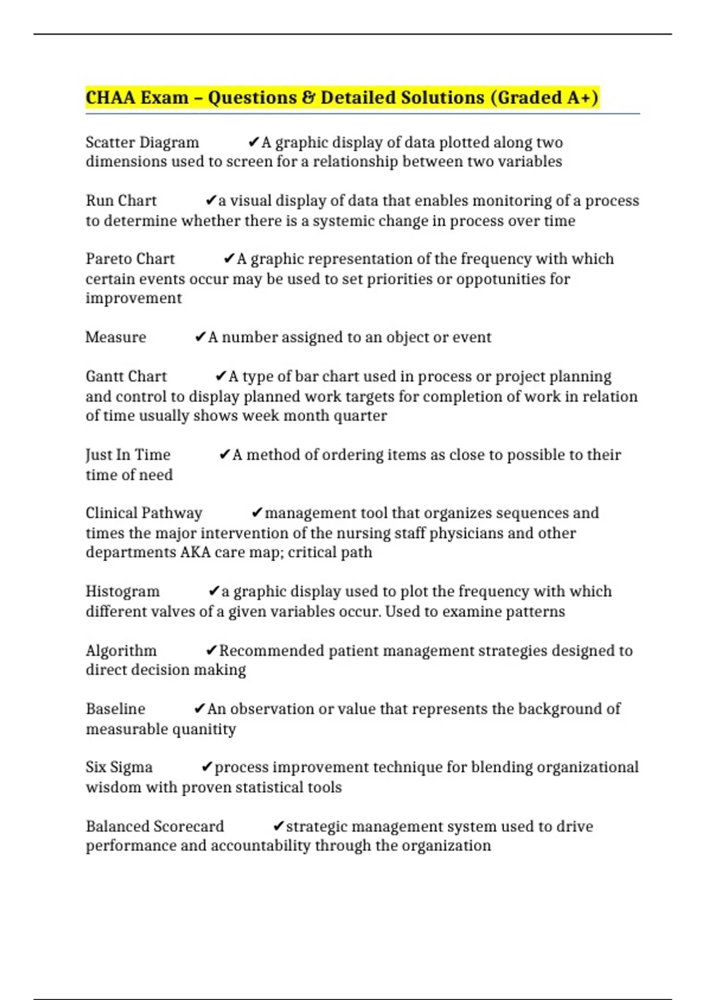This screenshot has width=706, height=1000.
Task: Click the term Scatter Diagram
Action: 142,142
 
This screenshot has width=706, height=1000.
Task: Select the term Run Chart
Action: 121,201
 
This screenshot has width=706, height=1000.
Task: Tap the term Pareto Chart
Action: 130,259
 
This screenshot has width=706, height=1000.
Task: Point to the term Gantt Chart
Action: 126,376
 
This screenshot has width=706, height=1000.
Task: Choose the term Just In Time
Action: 128,455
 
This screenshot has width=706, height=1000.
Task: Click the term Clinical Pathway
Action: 144,513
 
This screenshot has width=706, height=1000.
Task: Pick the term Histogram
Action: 122,591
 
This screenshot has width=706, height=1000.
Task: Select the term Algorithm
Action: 121,651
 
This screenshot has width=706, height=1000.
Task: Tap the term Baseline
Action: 115,709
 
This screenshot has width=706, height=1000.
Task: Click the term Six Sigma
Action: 119,767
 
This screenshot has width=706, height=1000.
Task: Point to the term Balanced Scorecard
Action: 155,826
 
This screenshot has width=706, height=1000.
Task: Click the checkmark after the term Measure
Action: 200,337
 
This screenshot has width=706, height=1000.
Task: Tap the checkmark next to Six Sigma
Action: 207,767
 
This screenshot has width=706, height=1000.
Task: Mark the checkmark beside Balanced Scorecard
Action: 279,826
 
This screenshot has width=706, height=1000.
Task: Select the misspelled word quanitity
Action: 203,729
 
